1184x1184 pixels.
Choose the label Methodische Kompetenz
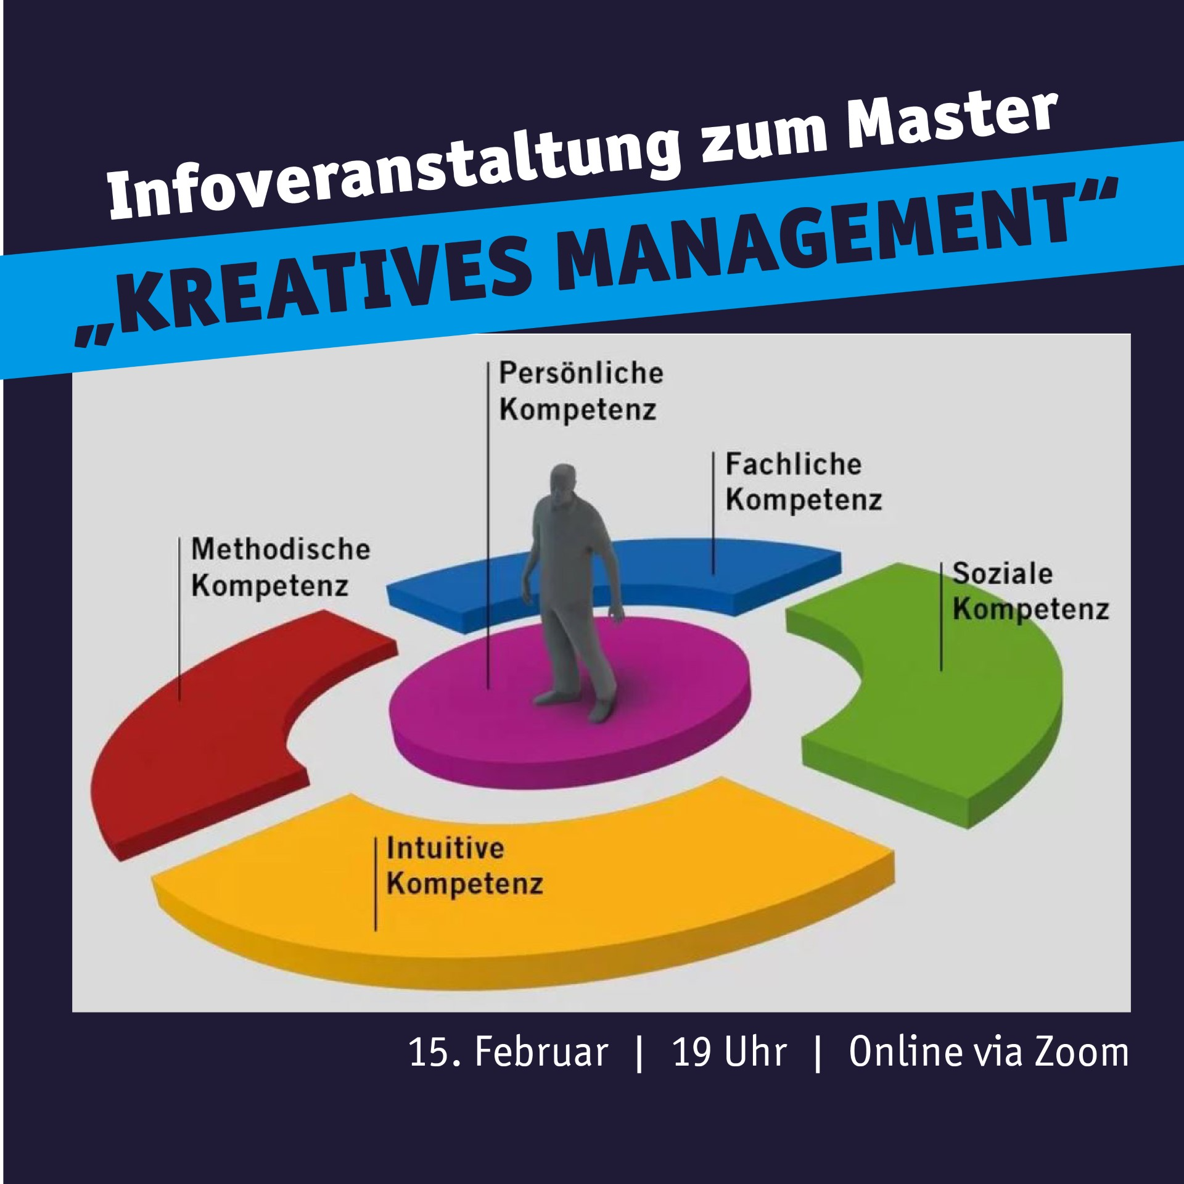pyautogui.click(x=281, y=567)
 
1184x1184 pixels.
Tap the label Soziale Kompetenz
pyautogui.click(x=1030, y=591)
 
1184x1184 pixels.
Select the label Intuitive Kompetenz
pyautogui.click(x=464, y=866)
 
